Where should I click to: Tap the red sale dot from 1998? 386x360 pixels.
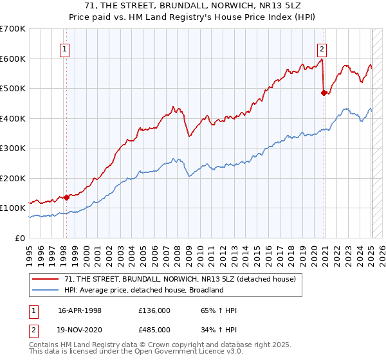[66, 197]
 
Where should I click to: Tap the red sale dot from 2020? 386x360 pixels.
[324, 93]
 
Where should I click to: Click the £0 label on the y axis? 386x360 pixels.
[19, 238]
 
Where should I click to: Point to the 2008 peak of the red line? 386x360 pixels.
[172, 106]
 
